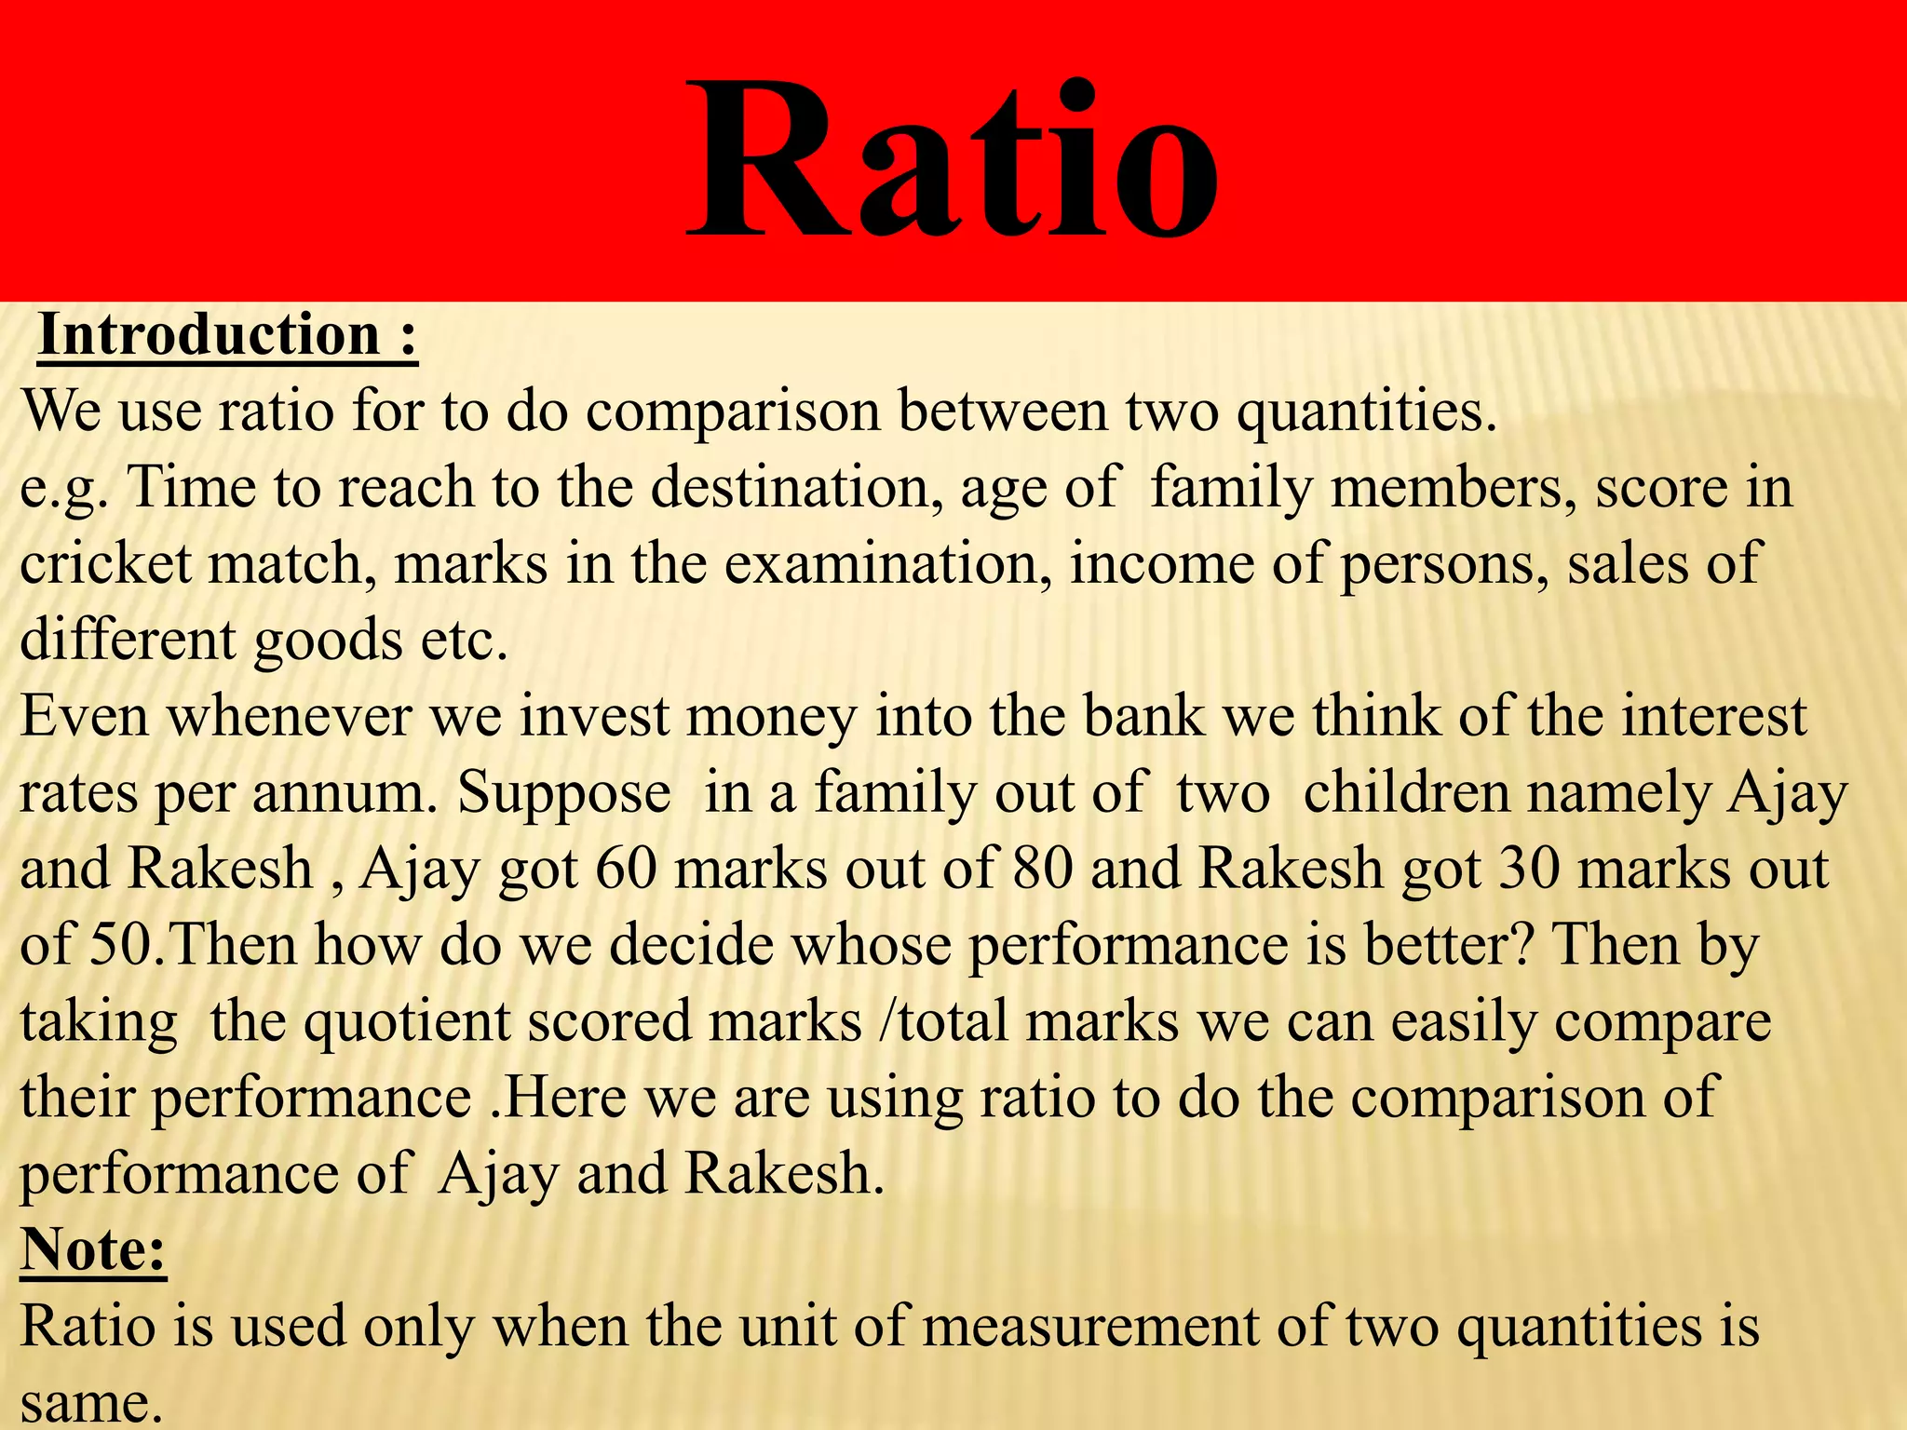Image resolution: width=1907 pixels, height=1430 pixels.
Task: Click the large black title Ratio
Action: point(952,160)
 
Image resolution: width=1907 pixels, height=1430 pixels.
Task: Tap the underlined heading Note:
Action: point(93,1249)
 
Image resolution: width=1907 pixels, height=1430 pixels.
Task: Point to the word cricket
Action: point(104,564)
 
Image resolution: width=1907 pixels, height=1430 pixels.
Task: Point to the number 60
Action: point(626,870)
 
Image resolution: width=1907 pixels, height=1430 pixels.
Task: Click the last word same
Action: point(86,1404)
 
